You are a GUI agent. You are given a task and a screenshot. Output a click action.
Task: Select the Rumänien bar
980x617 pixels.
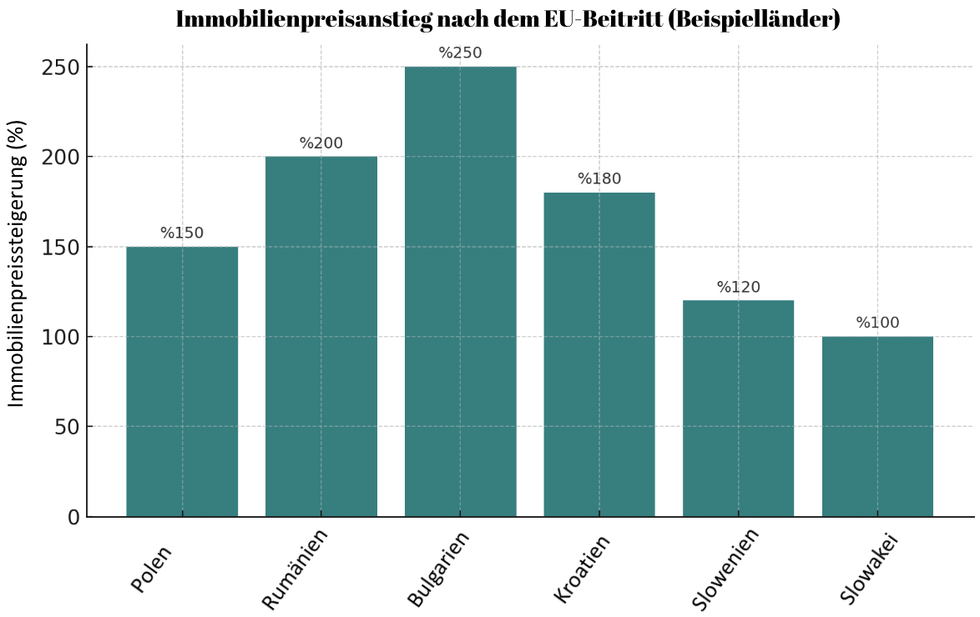pos(321,337)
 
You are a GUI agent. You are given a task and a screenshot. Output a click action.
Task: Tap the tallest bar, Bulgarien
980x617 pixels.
pos(461,292)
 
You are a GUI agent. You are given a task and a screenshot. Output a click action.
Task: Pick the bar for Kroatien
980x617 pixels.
pos(599,354)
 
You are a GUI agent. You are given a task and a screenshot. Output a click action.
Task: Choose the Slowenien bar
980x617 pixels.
pos(739,409)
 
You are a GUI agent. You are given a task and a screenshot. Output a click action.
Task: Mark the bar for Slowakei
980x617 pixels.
pos(877,427)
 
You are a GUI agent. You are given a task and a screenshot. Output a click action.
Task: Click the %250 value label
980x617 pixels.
pos(461,53)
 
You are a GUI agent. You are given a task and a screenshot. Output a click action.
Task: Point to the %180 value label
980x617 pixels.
pos(599,179)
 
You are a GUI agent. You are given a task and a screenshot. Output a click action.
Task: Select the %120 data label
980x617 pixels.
pos(739,288)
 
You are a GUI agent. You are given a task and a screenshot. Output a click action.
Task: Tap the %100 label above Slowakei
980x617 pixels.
pos(877,324)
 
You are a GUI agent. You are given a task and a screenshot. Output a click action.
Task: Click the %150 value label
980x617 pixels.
pos(182,233)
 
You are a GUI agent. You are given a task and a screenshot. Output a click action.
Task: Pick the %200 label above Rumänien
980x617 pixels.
pos(321,143)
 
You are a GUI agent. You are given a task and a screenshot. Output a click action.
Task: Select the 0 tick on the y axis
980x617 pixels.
pos(73,518)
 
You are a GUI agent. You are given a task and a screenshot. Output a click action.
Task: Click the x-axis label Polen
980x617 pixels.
pos(152,569)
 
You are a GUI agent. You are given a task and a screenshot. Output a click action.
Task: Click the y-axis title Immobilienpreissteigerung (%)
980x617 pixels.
pos(18,263)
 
